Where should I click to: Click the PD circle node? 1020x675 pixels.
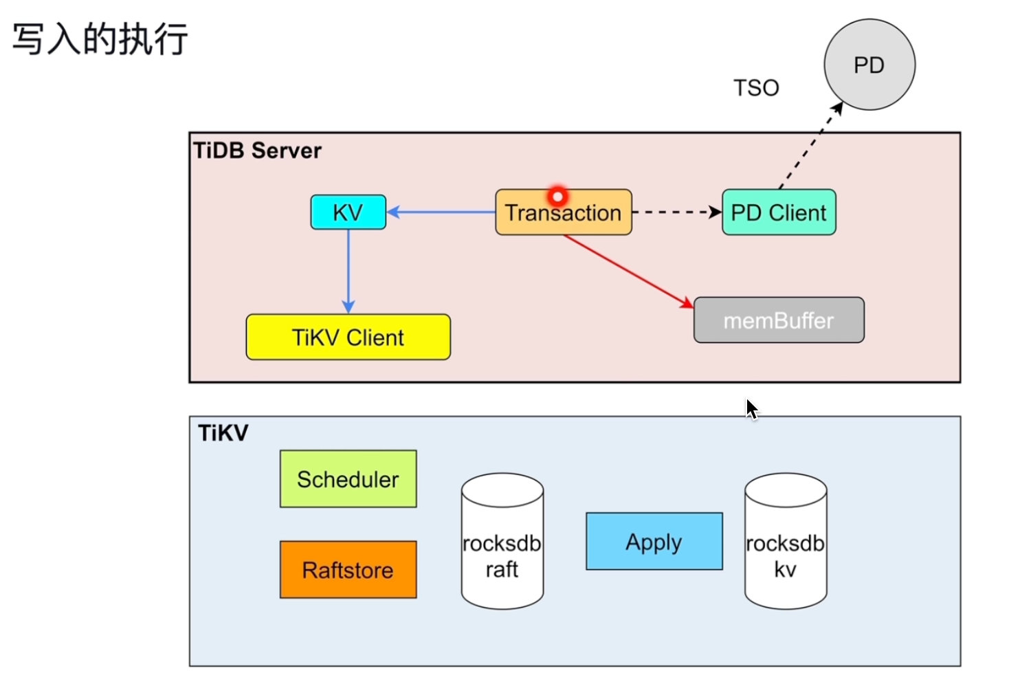click(869, 65)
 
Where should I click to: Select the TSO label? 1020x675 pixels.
click(756, 88)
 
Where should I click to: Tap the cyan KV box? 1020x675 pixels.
click(348, 212)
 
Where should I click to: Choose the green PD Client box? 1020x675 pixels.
click(779, 212)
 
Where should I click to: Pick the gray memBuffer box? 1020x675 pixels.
click(779, 320)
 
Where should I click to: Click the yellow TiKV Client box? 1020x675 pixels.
click(348, 337)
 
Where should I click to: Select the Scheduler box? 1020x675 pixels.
click(348, 479)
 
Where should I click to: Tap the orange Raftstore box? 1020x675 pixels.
click(348, 570)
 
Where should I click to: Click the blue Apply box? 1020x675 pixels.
click(654, 542)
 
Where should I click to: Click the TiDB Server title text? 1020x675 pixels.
click(257, 151)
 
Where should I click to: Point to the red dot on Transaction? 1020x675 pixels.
click(557, 197)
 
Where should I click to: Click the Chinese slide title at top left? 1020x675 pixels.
click(100, 39)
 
